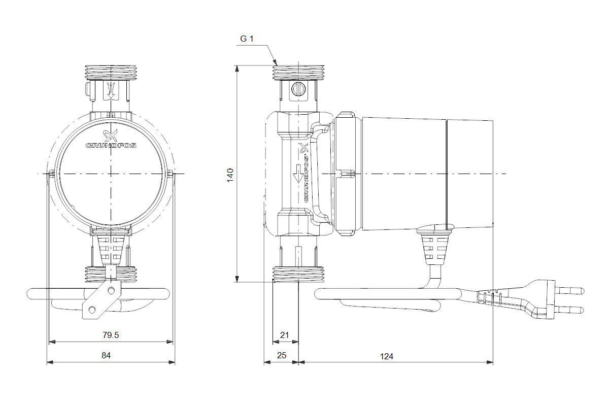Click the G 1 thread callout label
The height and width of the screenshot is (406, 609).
(x=247, y=39)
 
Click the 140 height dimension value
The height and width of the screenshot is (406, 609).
(x=230, y=176)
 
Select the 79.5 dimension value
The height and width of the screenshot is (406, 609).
(x=111, y=335)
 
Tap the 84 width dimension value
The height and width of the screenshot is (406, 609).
(x=106, y=355)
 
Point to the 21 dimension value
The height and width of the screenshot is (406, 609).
(x=284, y=335)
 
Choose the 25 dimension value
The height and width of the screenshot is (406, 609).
(x=282, y=355)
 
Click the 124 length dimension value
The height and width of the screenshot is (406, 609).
(x=386, y=356)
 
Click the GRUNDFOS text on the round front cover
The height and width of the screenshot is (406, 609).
(x=111, y=146)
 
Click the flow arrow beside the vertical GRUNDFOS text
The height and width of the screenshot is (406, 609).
(x=298, y=174)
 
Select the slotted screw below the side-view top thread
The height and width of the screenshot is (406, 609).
(x=298, y=89)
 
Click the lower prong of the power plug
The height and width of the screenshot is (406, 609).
(x=570, y=310)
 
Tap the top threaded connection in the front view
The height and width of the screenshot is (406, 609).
(x=111, y=73)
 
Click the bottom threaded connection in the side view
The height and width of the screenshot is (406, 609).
(x=298, y=274)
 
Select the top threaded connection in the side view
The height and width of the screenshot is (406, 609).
(x=298, y=73)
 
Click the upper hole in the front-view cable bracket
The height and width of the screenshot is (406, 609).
(x=111, y=291)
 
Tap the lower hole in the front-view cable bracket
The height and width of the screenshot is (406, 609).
(x=92, y=310)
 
